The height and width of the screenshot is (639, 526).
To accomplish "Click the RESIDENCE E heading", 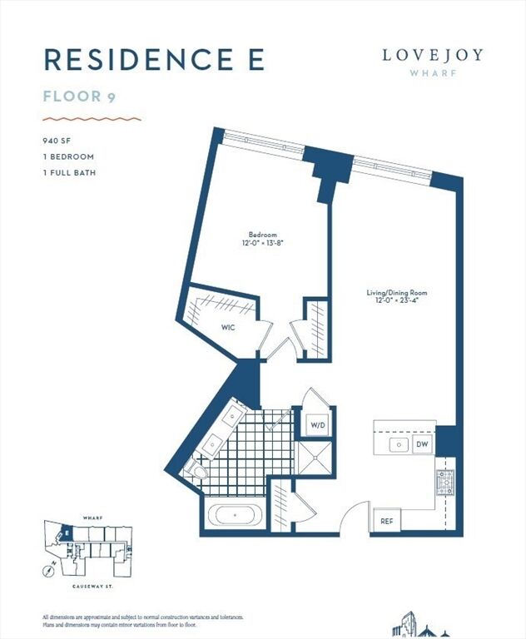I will [154, 60].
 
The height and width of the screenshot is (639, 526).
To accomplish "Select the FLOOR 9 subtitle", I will [79, 96].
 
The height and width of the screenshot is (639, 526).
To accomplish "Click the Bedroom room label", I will [261, 235].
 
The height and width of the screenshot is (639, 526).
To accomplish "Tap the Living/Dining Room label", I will [398, 292].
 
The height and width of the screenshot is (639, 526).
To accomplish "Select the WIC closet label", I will [228, 327].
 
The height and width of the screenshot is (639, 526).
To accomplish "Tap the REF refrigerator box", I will [386, 521].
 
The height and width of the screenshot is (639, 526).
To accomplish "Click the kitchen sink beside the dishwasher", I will [399, 445].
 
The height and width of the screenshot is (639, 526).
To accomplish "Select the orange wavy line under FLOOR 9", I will [92, 119].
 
